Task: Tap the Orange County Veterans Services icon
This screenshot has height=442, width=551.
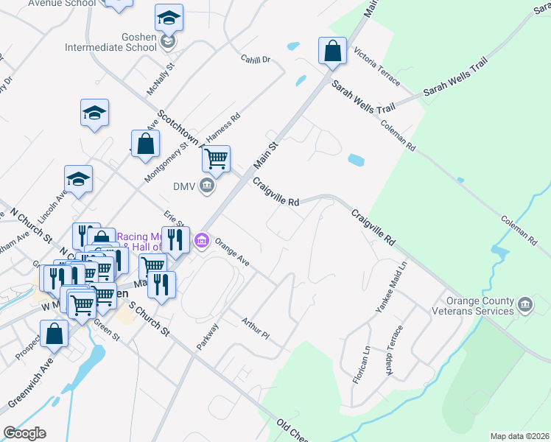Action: click(x=525, y=304)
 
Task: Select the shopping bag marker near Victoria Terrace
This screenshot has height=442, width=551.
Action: click(x=333, y=52)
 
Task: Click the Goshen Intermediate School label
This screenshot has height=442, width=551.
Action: click(x=141, y=41)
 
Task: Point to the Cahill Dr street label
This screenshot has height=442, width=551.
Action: click(x=256, y=58)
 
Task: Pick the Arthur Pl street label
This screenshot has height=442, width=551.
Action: click(x=256, y=329)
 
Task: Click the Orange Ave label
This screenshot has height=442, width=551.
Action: click(x=232, y=253)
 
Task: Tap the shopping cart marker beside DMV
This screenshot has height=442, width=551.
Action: click(x=216, y=158)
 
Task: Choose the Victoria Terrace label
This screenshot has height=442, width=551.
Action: click(x=376, y=63)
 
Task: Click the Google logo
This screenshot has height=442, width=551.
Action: click(x=24, y=433)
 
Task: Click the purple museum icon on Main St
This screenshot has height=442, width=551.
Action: click(x=201, y=240)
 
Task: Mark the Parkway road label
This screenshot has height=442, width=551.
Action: click(x=208, y=336)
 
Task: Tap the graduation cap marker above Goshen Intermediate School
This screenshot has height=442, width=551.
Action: click(x=169, y=18)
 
